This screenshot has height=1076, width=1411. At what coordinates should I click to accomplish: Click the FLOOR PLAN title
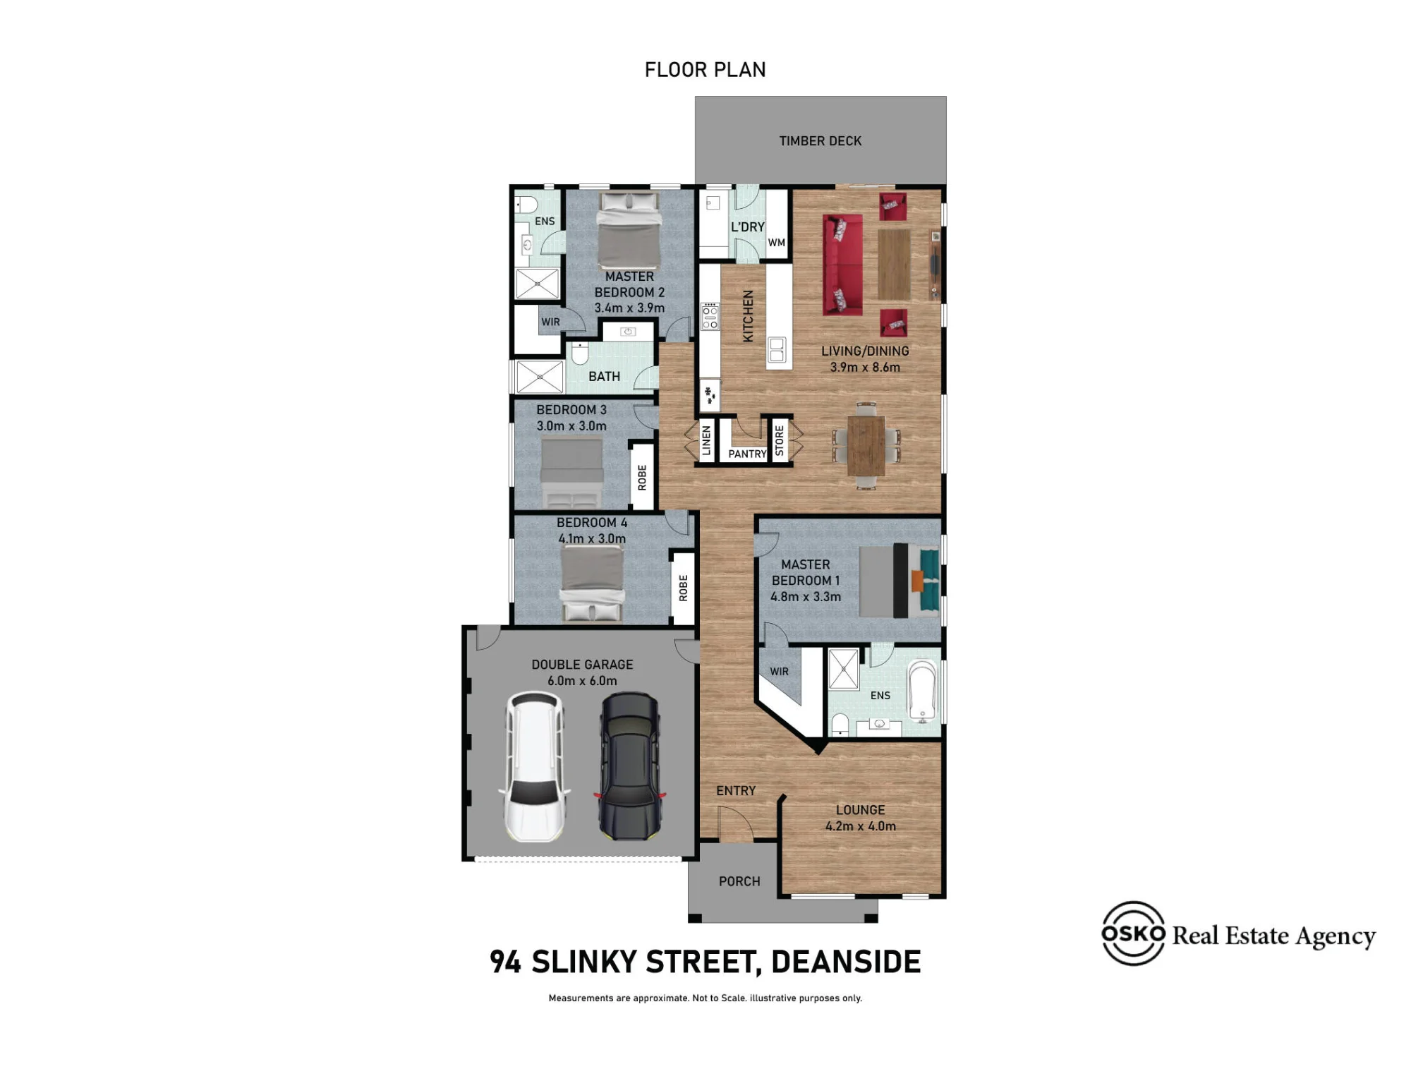[x=705, y=70]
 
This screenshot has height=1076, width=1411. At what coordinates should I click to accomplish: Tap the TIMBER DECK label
[x=820, y=141]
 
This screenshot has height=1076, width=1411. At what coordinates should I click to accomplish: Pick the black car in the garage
[x=630, y=766]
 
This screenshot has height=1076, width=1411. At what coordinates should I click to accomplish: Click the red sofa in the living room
[x=842, y=265]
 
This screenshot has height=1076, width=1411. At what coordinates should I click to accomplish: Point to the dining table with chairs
[x=866, y=445]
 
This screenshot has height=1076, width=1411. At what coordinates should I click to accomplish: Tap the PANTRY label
[x=747, y=454]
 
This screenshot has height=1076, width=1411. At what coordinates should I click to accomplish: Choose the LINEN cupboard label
[x=706, y=440]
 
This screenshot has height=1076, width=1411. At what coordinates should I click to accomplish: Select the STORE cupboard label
[x=780, y=440]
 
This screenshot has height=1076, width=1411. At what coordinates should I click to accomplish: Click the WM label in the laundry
[x=777, y=243]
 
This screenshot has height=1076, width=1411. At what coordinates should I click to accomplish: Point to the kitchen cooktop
[x=710, y=316]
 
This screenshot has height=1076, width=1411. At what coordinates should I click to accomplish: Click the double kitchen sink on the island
[x=777, y=350]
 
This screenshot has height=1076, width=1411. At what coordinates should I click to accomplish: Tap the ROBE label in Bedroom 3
[x=642, y=478]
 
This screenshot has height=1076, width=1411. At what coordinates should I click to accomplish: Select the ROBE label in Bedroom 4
[x=683, y=588]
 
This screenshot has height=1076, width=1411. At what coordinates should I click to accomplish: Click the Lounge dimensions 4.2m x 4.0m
[x=861, y=826]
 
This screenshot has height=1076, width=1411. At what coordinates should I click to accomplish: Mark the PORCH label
[x=739, y=881]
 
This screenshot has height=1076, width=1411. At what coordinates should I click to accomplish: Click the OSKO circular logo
[x=1133, y=933]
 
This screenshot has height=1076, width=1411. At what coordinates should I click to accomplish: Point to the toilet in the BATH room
[x=580, y=353]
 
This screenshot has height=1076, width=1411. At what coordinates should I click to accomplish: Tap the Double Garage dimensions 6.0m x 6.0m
[x=582, y=681]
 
